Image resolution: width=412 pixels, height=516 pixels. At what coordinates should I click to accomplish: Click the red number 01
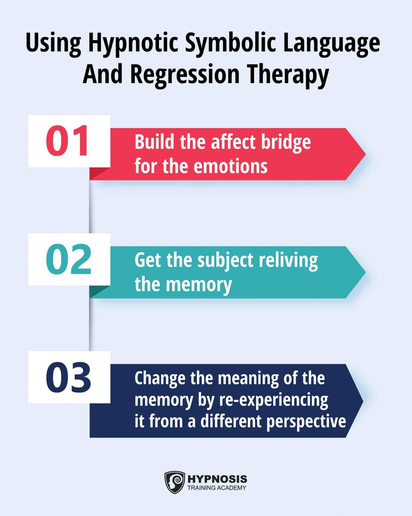(x=67, y=141)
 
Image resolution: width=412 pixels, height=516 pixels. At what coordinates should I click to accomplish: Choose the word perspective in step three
(x=306, y=421)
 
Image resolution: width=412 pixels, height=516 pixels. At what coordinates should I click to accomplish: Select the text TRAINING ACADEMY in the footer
(x=217, y=488)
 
